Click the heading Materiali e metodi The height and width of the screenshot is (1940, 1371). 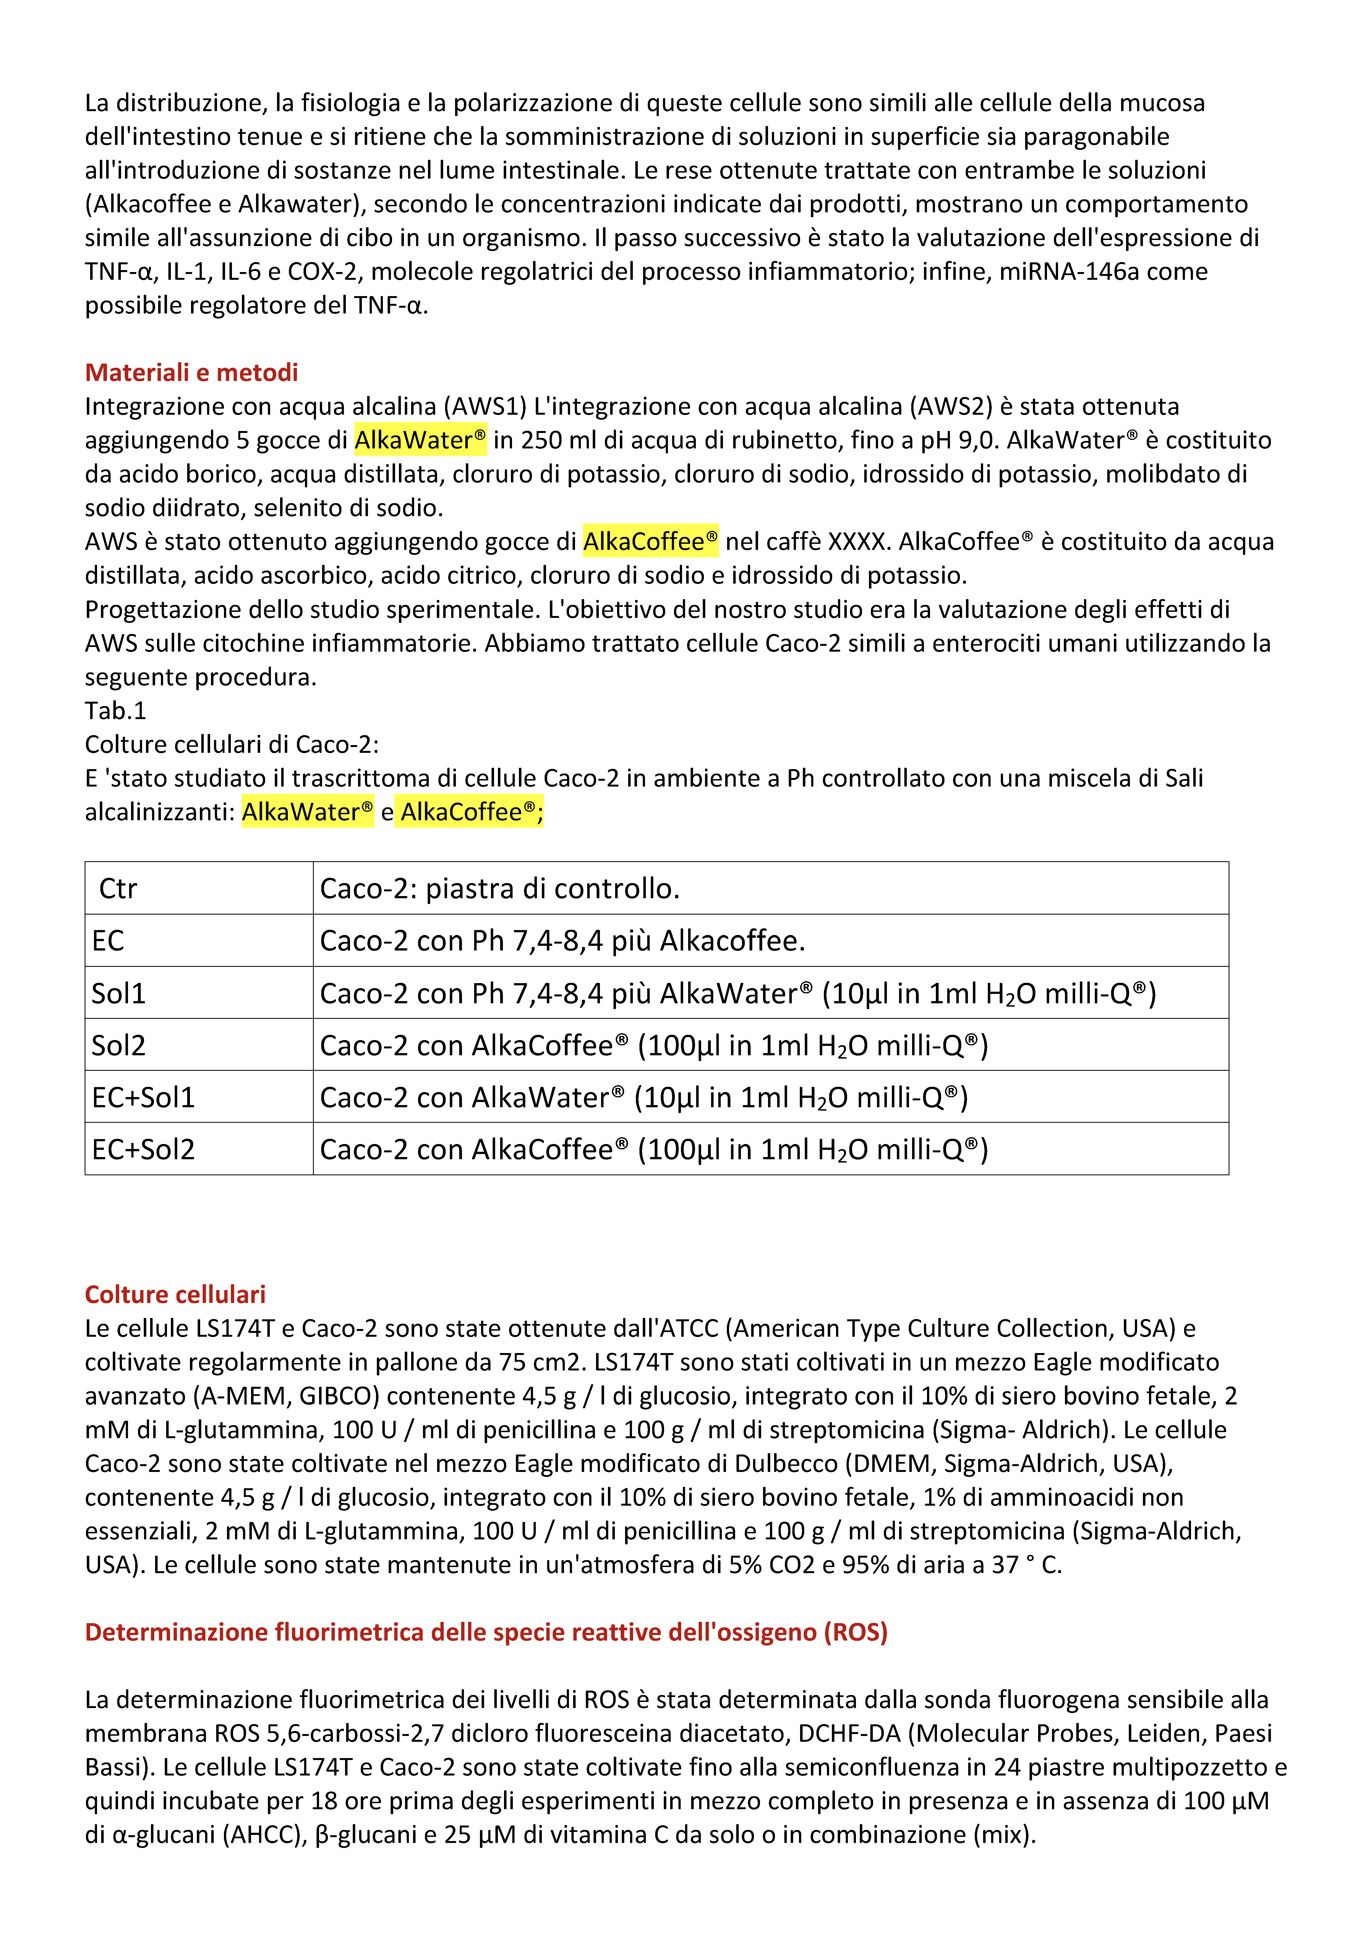(192, 373)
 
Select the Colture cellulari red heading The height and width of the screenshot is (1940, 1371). (175, 1294)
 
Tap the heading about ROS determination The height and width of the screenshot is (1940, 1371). (486, 1631)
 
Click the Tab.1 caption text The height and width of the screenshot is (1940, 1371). (115, 711)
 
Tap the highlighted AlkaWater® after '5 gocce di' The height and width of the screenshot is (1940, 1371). (420, 440)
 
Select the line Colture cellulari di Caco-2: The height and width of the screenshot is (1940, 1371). (231, 744)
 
